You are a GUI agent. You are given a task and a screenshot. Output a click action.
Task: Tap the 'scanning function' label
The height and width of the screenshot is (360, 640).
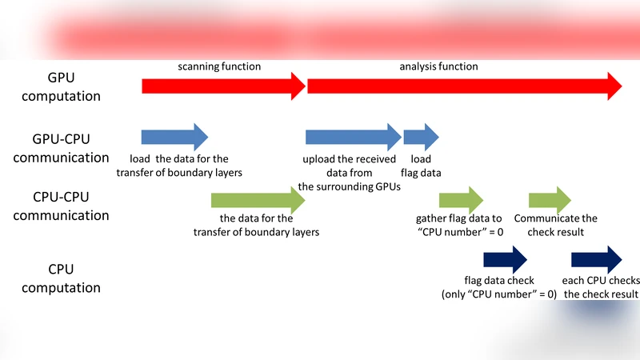point(219,66)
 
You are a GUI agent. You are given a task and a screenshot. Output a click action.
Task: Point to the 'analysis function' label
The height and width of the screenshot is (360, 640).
point(438,66)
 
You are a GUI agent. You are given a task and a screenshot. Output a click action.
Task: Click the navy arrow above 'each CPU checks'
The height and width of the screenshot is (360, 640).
point(596,259)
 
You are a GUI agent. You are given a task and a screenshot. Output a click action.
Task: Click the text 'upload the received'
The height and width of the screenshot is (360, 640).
point(349,159)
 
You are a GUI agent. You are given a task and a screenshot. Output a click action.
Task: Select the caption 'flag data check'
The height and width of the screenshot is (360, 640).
point(498,282)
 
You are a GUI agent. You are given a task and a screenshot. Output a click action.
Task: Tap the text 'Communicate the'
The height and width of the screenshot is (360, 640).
point(556,218)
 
